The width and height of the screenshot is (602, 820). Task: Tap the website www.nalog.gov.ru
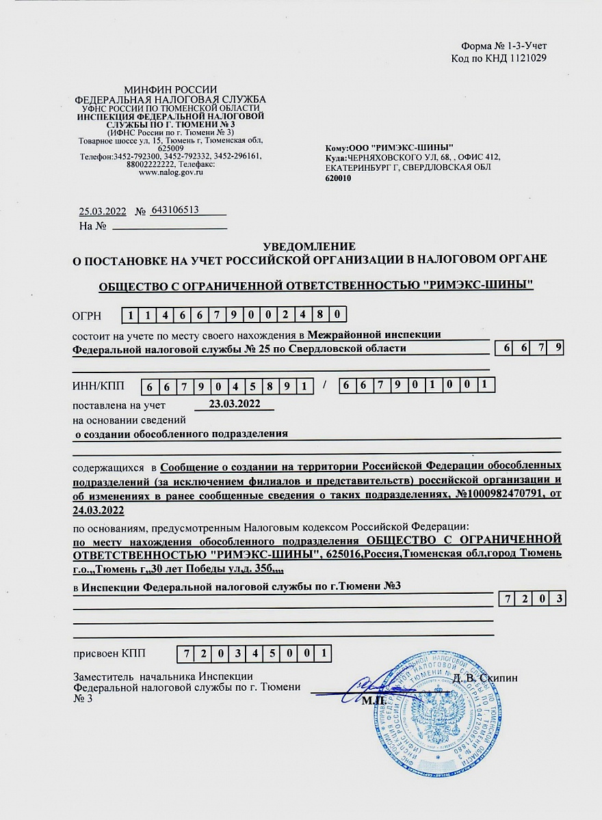171,173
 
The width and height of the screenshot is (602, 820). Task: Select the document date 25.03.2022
103,211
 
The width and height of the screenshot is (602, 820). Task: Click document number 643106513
176,210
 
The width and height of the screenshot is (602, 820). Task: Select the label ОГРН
87,316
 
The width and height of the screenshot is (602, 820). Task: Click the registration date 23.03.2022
235,403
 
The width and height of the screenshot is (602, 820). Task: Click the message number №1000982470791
492,494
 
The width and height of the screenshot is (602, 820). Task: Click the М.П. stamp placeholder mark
374,700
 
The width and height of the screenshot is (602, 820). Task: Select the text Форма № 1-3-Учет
503,46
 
